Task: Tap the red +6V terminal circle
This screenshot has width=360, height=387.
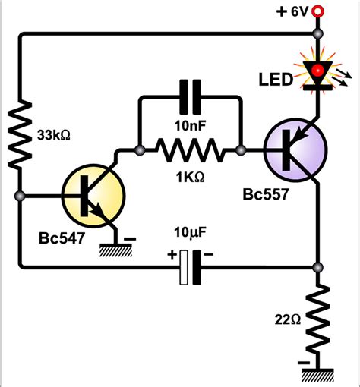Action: (317, 11)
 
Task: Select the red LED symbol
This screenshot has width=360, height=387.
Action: (317, 74)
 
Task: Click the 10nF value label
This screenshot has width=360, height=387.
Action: (188, 124)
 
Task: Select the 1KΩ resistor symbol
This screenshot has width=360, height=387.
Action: (190, 152)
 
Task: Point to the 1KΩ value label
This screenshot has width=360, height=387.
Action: (189, 178)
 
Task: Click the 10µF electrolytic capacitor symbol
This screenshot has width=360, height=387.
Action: (190, 268)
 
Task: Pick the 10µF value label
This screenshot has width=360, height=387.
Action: (188, 230)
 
